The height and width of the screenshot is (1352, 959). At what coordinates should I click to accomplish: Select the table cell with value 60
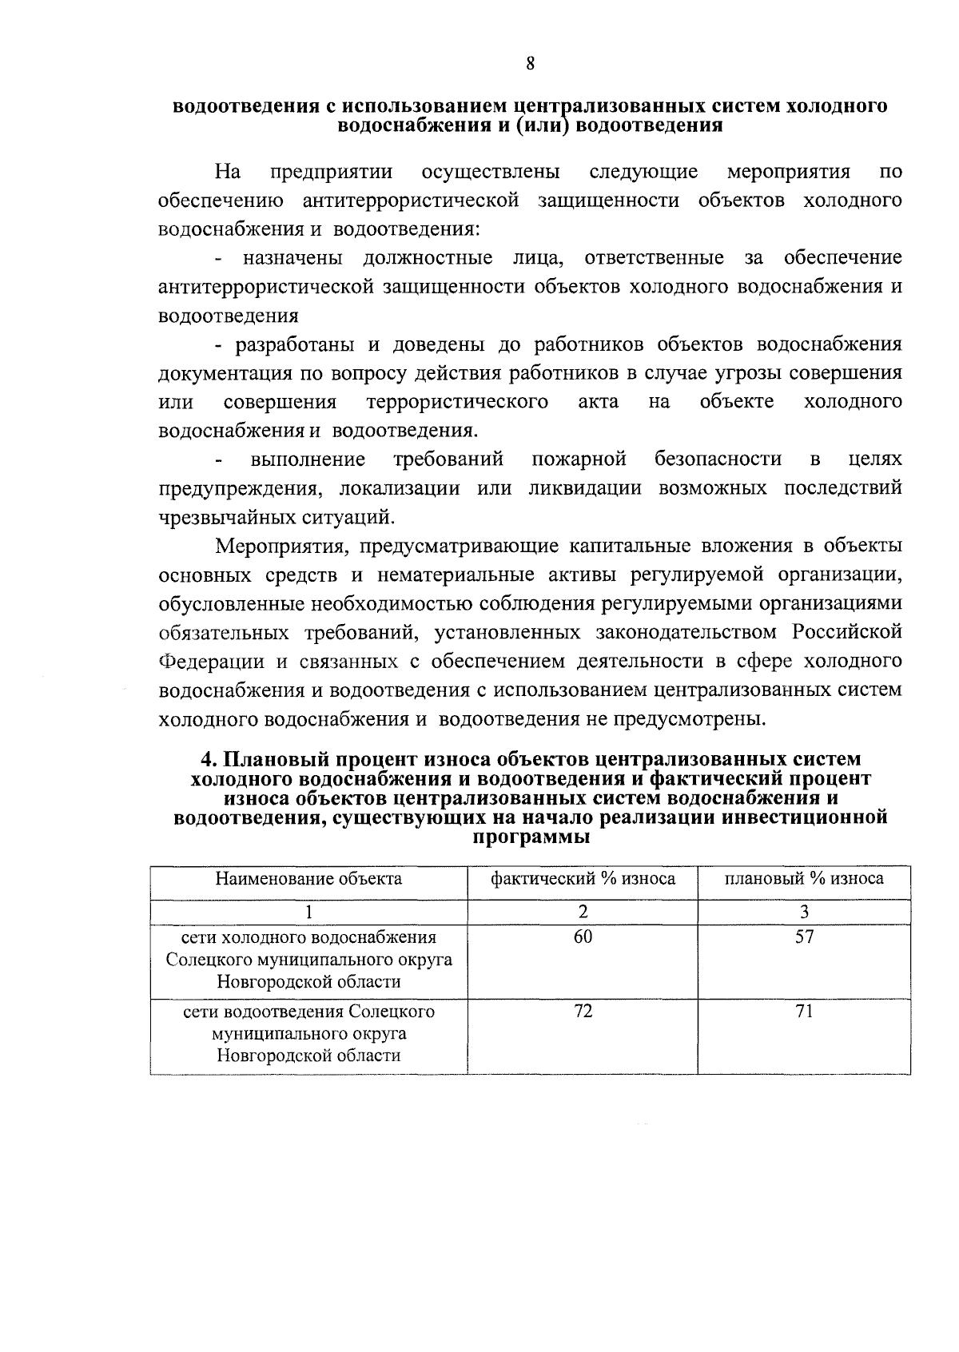583,937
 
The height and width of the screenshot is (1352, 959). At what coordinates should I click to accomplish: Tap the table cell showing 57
804,937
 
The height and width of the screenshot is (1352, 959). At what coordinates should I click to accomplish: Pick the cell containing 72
583,1012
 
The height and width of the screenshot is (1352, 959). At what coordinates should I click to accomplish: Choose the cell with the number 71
804,1012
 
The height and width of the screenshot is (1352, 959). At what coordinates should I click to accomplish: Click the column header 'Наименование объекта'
308,879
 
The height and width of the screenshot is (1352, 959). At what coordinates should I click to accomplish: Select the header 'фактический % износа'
583,879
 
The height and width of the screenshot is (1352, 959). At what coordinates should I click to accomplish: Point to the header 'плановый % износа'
804,879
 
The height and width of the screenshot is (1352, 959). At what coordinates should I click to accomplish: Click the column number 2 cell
583,912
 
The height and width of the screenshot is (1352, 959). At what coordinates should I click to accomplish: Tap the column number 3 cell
804,912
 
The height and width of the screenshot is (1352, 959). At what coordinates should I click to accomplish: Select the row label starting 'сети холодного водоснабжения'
308,959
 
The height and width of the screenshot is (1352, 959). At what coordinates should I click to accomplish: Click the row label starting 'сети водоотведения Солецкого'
308,1033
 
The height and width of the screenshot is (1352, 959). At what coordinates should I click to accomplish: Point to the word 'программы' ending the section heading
531,838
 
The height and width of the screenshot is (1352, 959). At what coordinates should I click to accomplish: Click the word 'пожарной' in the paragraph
579,459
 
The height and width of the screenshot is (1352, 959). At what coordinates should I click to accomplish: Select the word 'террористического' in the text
457,402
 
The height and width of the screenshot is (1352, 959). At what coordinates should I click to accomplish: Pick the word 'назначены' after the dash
293,258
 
